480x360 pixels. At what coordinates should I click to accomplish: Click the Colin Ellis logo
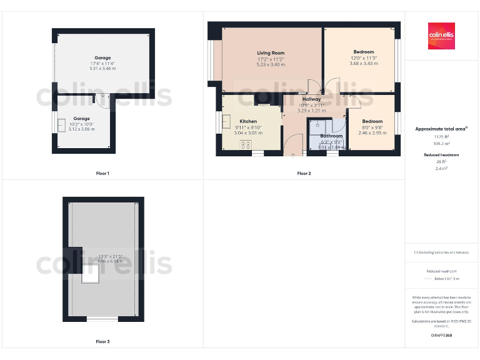(441, 36)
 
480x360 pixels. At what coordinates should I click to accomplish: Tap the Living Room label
(271, 53)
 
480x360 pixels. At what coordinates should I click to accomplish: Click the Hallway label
(311, 99)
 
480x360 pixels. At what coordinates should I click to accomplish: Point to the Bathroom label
(331, 136)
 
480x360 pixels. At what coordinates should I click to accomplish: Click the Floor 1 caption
(102, 173)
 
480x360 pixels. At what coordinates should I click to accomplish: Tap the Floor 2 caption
(304, 173)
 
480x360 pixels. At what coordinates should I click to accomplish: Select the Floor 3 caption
(102, 342)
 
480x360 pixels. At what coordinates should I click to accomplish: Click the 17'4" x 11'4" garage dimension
(102, 63)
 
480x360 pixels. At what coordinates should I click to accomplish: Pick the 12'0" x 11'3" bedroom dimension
(364, 58)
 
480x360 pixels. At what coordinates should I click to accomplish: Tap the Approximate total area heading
(441, 129)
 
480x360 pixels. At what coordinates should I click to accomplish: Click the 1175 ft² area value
(441, 136)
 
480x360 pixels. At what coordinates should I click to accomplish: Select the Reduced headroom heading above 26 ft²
(441, 154)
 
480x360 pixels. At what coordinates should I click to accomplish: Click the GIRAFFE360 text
(441, 336)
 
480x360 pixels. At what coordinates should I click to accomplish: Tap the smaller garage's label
(81, 118)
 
